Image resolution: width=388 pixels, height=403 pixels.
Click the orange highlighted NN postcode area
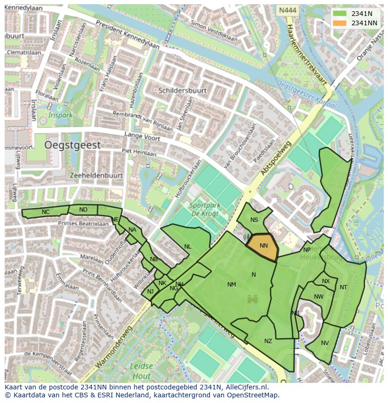(x=263, y=246)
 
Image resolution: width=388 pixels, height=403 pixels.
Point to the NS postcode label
(x=254, y=220)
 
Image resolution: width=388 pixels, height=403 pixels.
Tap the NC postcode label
(x=45, y=212)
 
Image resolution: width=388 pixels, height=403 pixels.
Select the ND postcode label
(x=83, y=210)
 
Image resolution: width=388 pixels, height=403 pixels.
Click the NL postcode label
(x=187, y=247)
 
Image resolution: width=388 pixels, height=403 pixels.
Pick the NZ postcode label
(x=268, y=341)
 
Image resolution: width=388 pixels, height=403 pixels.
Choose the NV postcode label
(x=325, y=343)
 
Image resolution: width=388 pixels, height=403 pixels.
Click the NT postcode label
(x=343, y=287)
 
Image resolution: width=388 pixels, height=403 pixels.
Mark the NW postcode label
(x=319, y=297)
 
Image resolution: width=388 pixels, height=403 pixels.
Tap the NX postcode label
(x=326, y=281)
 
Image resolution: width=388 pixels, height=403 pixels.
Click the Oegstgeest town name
(x=72, y=145)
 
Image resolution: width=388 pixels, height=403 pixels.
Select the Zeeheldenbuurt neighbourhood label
(x=96, y=176)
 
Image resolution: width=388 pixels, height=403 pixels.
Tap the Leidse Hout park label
(x=141, y=371)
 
